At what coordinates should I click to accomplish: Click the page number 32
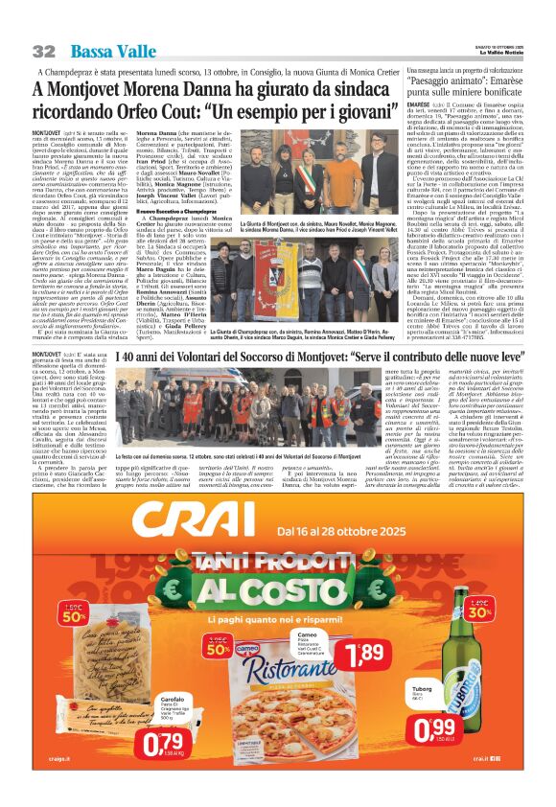pyautogui.click(x=43, y=51)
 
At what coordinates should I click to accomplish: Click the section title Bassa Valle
pyautogui.click(x=102, y=50)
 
